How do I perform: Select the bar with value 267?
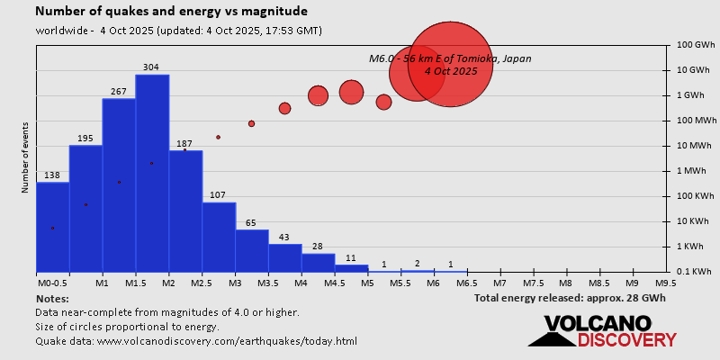(x=119, y=184)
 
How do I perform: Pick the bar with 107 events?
(x=219, y=237)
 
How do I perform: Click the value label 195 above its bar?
(x=85, y=138)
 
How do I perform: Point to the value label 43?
(x=284, y=237)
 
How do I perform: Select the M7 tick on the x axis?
(x=499, y=282)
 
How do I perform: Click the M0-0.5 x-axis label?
(x=51, y=282)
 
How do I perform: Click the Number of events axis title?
(x=25, y=159)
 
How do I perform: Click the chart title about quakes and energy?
(x=171, y=12)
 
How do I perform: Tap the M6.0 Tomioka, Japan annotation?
(x=450, y=64)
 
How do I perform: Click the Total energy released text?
(x=571, y=297)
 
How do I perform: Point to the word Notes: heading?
(x=52, y=298)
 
